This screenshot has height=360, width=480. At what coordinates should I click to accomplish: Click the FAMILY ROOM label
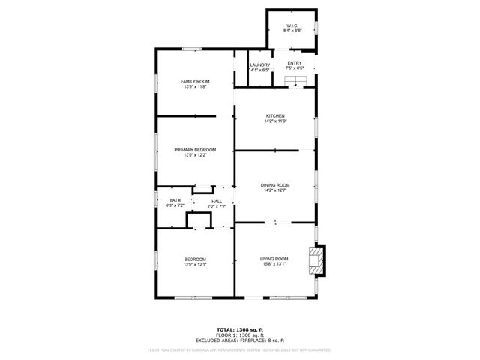[x=195, y=81]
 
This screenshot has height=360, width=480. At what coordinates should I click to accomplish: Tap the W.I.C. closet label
[x=292, y=26]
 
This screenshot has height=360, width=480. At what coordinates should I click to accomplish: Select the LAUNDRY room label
[x=259, y=64]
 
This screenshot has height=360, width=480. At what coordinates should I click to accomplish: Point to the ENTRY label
[x=295, y=63]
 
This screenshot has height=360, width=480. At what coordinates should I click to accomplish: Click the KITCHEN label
[x=275, y=116]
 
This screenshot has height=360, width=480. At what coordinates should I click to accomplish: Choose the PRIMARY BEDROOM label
[x=195, y=150]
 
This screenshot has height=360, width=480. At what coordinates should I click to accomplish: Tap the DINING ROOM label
[x=275, y=185]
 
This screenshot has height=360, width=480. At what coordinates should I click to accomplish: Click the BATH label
[x=175, y=200]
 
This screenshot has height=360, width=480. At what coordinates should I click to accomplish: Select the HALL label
[x=217, y=202]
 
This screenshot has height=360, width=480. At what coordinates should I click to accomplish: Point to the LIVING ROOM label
[x=274, y=259]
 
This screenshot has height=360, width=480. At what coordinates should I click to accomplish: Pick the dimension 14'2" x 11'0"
[x=275, y=121]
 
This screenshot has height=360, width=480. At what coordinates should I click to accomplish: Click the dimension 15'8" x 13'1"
[x=274, y=264]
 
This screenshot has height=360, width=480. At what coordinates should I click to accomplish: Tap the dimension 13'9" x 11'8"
[x=195, y=86]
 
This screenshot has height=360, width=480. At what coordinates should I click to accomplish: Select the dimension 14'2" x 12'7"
[x=275, y=190]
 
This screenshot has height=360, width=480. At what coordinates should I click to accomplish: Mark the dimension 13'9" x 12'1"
[x=195, y=264]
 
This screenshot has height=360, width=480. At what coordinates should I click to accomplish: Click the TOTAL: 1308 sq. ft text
[x=241, y=329]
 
